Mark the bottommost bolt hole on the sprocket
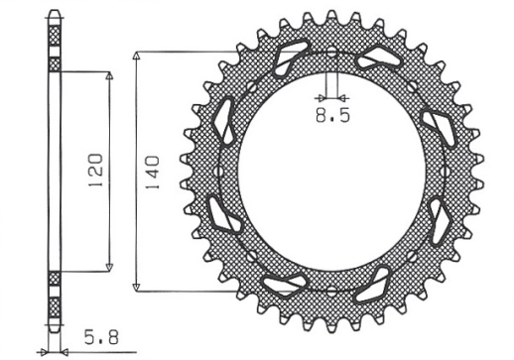tap(331, 293)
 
